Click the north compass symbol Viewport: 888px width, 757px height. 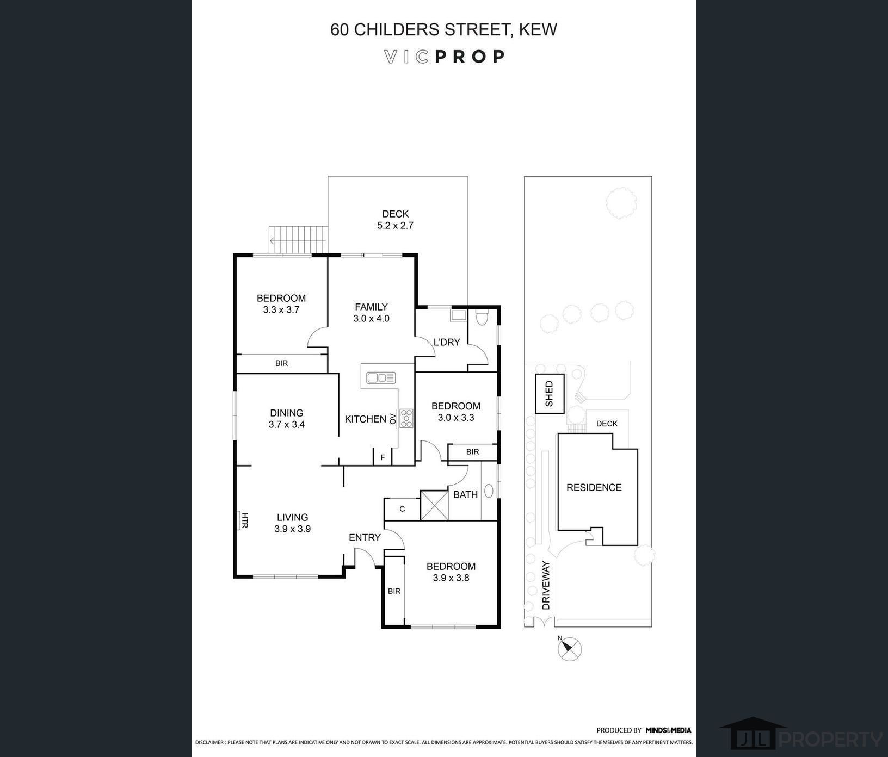570,649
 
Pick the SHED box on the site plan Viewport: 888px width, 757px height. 549,394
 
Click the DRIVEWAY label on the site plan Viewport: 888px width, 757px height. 546,585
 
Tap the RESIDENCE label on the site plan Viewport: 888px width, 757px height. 594,488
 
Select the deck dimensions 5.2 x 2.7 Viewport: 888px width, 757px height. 396,225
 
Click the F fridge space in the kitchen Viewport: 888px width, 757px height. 383,457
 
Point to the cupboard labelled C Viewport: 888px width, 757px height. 402,509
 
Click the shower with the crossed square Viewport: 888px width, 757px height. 434,505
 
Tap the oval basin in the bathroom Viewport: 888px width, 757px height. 489,491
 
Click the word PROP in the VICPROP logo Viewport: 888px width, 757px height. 470,57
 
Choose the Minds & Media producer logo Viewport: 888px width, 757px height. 668,730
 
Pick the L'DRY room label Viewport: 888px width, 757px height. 446,342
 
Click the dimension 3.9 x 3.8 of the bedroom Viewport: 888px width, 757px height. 451,578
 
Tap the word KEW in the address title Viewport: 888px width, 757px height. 538,29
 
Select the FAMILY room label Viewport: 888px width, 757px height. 371,307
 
